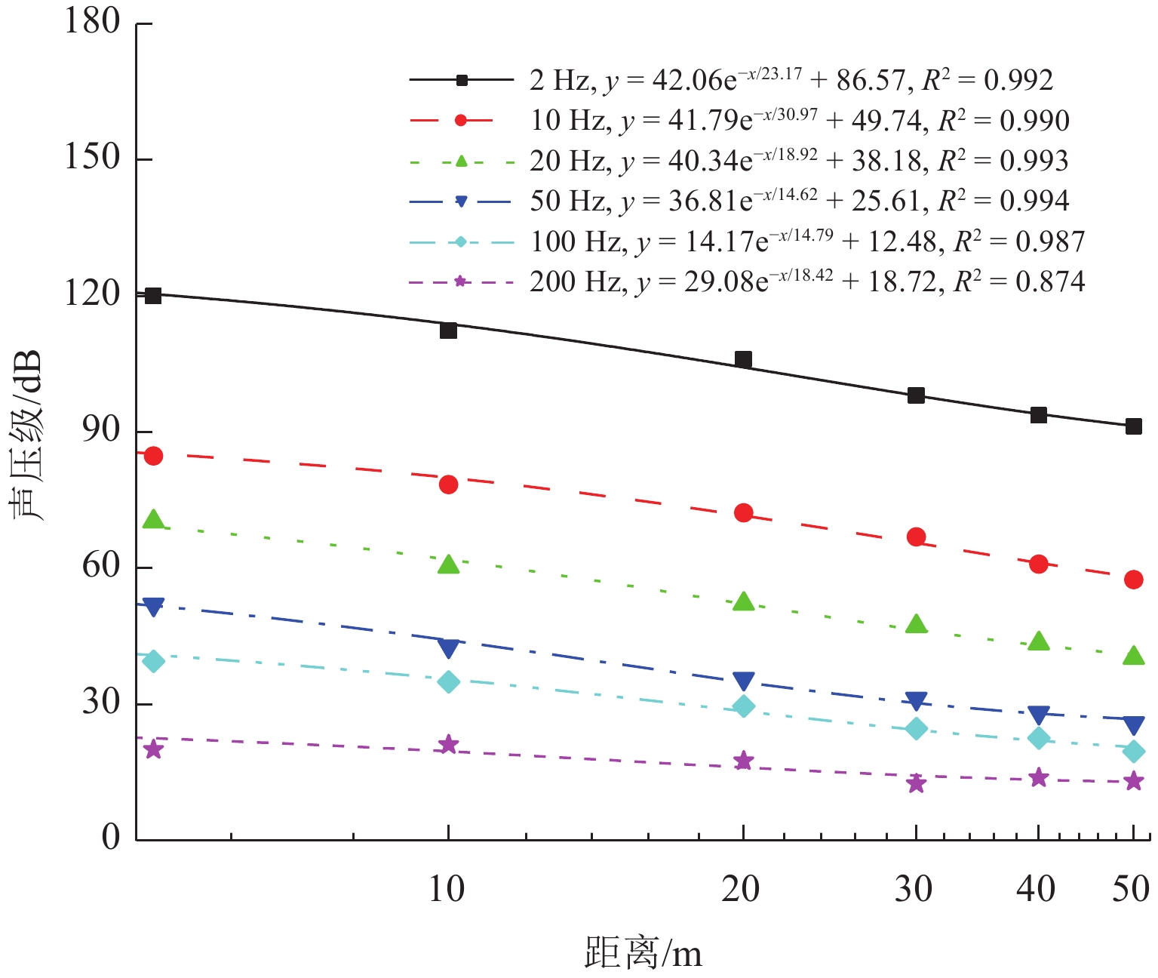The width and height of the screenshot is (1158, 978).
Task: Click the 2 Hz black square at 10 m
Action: (448, 331)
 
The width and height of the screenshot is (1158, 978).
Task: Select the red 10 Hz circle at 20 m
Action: (744, 513)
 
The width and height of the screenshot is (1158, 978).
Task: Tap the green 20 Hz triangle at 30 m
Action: (916, 624)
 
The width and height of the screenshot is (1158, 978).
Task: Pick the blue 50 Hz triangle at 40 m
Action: (1039, 715)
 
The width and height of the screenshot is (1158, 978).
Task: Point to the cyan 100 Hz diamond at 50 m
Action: (1133, 752)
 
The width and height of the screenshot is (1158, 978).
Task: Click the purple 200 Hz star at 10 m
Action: (448, 745)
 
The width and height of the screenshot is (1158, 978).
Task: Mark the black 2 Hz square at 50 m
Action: (1133, 426)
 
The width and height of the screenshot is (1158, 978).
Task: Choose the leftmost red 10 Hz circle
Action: (153, 456)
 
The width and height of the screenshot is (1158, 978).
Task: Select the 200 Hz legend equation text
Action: (807, 281)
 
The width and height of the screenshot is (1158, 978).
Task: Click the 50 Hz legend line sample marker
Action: (461, 201)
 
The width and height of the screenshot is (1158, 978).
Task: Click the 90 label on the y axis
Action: (101, 430)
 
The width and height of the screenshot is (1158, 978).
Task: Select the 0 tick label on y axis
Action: (111, 838)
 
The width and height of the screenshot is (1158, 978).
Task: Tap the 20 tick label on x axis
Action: (740, 890)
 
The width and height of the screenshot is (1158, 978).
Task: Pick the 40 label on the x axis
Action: (1036, 890)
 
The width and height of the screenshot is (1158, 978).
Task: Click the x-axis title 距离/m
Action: (643, 953)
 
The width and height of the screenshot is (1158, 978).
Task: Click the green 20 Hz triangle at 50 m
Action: (1133, 656)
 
